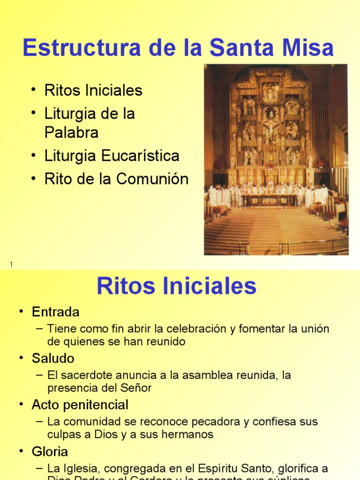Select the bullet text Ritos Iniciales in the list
click(93, 90)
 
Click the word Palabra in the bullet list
click(71, 133)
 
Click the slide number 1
click(11, 265)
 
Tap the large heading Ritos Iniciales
click(176, 286)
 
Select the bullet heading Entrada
click(55, 312)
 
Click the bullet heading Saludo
click(53, 359)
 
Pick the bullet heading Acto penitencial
click(80, 405)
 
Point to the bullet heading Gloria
click(50, 451)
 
